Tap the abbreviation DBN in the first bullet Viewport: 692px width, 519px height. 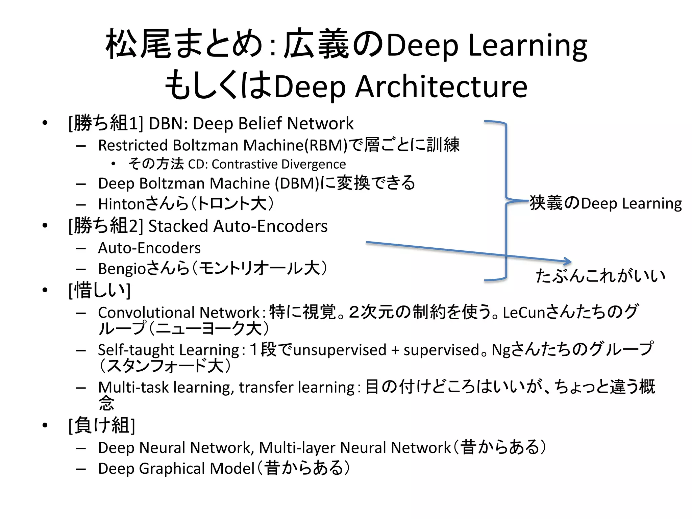166,123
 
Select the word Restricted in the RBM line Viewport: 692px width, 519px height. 133,145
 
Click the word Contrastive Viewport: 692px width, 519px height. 245,164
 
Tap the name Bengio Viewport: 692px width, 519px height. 122,269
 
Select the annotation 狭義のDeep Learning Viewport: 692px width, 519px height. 605,203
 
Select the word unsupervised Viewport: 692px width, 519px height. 340,350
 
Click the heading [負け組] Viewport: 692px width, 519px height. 102,425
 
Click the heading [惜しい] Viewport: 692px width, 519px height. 99,290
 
